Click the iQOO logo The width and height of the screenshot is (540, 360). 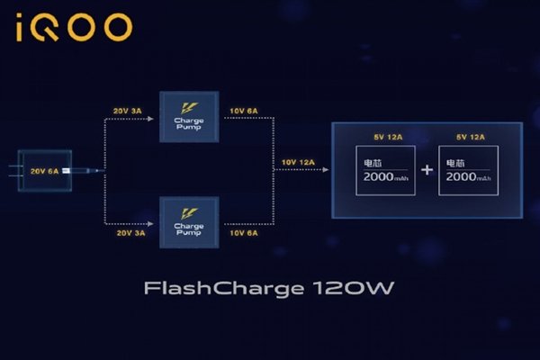74,28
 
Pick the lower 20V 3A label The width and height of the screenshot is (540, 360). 127,233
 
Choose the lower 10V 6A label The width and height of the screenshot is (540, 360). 243,233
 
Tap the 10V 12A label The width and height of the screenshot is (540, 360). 299,162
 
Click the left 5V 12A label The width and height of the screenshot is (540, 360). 382,137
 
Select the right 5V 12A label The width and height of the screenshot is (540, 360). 469,137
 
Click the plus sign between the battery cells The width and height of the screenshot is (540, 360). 427,170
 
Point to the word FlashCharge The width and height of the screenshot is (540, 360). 203,289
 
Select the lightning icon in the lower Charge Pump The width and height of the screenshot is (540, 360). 185,211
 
